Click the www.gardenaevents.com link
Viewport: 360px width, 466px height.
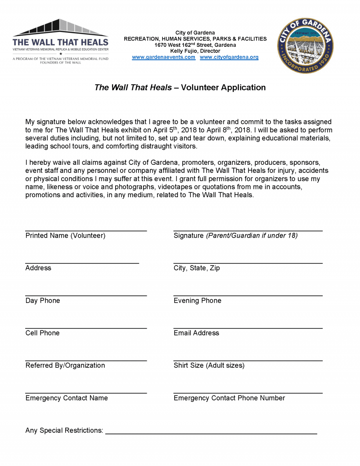pyautogui.click(x=163, y=58)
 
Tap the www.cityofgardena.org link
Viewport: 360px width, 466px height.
pyautogui.click(x=229, y=58)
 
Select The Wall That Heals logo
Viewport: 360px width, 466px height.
pyautogui.click(x=61, y=41)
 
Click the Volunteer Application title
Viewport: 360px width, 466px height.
pyautogui.click(x=180, y=87)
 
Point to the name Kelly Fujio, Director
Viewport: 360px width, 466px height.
pyautogui.click(x=195, y=51)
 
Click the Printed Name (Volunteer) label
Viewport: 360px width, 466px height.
pyautogui.click(x=65, y=235)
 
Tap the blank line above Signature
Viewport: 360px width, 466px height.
pyautogui.click(x=248, y=231)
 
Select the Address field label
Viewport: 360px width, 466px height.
pyautogui.click(x=38, y=268)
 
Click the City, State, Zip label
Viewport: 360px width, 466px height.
pyautogui.click(x=197, y=268)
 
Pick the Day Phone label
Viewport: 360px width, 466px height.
pyautogui.click(x=43, y=300)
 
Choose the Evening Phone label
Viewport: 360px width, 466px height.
pyautogui.click(x=198, y=300)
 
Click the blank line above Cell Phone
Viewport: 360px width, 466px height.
pyautogui.click(x=86, y=328)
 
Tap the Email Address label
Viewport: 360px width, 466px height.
pyautogui.click(x=196, y=333)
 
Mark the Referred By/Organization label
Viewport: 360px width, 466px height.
pyautogui.click(x=65, y=365)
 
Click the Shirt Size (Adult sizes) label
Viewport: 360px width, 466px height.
pyautogui.click(x=209, y=365)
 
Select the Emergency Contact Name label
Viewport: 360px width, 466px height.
pyautogui.click(x=67, y=398)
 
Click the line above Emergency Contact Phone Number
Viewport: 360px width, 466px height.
pyautogui.click(x=248, y=393)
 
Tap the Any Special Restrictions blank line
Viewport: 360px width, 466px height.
pyautogui.click(x=211, y=433)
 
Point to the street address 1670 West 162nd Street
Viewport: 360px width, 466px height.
pyautogui.click(x=195, y=45)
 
